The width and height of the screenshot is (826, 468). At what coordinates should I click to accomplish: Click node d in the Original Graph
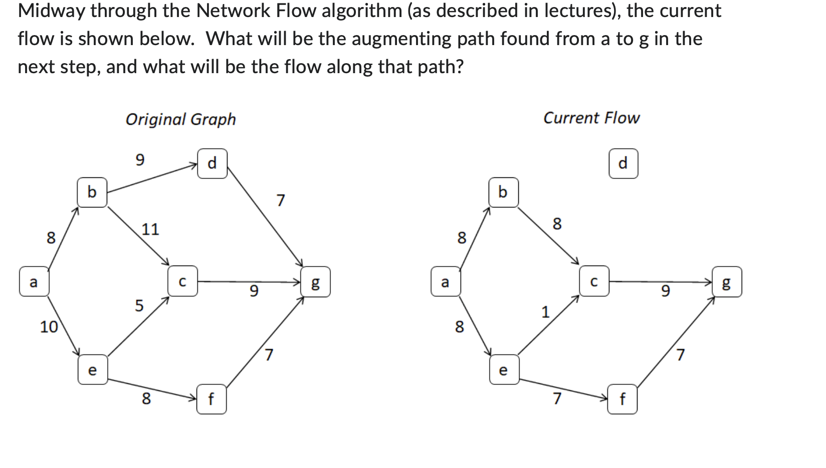(212, 163)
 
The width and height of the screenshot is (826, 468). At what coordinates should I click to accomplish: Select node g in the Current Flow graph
(727, 282)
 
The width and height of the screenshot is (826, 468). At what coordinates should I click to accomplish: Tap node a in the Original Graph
(34, 282)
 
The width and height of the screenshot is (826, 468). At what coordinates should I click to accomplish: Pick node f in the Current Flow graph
(623, 399)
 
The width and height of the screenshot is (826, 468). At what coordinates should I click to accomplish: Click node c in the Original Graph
(182, 282)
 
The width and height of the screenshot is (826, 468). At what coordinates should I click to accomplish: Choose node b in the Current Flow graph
(503, 192)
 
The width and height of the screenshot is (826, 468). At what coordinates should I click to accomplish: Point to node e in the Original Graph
(92, 370)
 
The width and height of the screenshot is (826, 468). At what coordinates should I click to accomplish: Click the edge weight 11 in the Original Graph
(150, 229)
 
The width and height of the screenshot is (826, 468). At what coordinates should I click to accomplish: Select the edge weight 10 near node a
(49, 327)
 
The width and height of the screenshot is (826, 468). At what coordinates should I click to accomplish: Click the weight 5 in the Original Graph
(139, 305)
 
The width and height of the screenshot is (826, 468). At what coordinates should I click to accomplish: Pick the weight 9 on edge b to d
(140, 160)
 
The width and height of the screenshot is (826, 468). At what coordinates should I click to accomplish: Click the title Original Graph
(180, 119)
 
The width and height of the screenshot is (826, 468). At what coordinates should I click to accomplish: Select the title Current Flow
(591, 118)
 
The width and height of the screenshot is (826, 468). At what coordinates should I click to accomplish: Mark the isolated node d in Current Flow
(623, 163)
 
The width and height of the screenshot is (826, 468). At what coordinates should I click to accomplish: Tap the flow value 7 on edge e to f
(557, 398)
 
